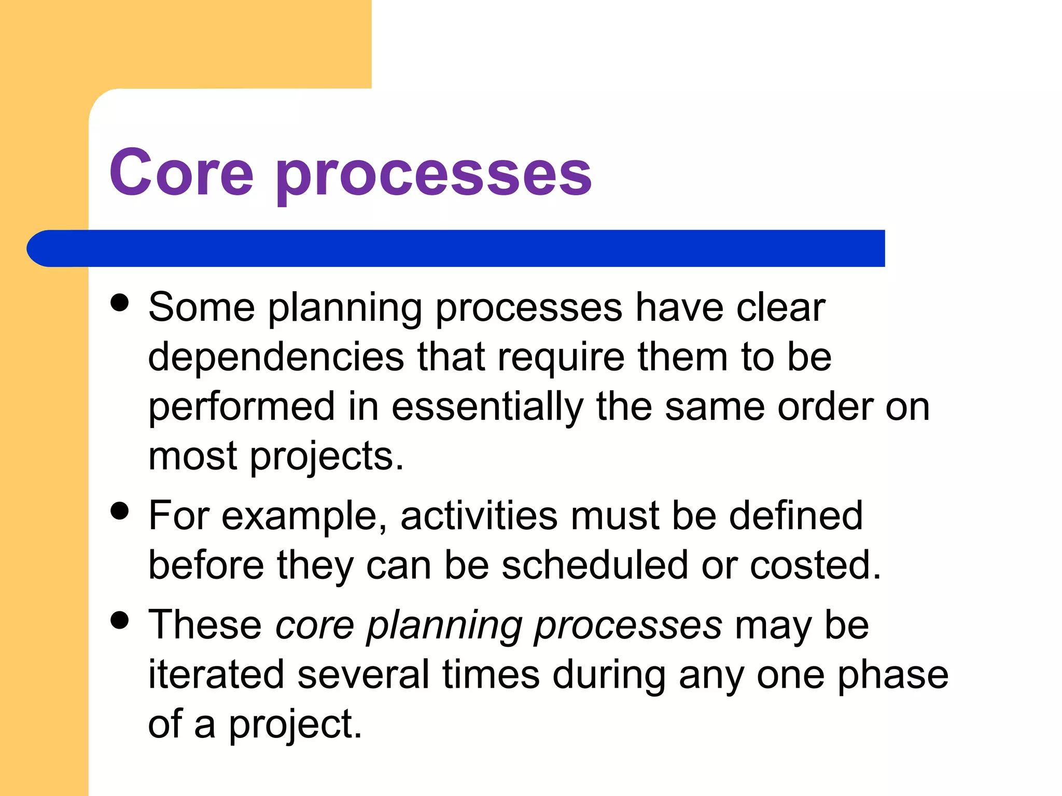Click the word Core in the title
click(x=181, y=172)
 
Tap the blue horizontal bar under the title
click(x=456, y=248)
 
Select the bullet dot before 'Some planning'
click(x=120, y=303)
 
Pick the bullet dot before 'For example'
click(x=120, y=510)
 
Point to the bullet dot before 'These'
click(x=120, y=620)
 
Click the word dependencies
click(x=276, y=358)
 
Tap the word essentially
click(x=487, y=407)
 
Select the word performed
click(x=242, y=407)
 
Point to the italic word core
click(x=314, y=625)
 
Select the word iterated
click(x=216, y=675)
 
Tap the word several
click(x=364, y=675)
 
